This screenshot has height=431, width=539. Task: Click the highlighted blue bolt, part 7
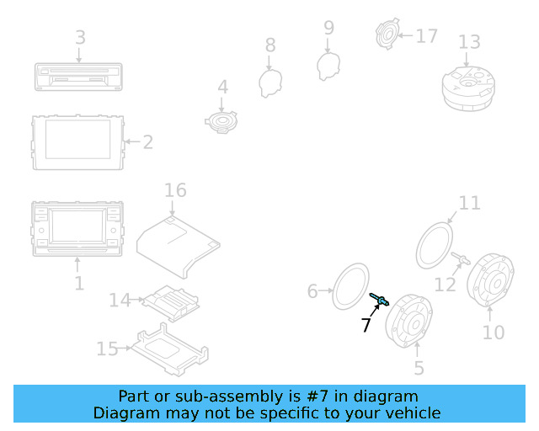[379, 300]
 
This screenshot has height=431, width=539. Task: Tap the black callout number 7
[366, 324]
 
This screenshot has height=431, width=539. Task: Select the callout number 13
[469, 42]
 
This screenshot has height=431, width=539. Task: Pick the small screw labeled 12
[461, 258]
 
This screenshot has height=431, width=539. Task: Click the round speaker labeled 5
[408, 321]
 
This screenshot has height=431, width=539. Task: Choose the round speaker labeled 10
[490, 279]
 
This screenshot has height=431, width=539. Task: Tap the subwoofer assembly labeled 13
[468, 88]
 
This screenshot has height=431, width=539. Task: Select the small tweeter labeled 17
[387, 34]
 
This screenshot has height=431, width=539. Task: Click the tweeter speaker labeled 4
[221, 122]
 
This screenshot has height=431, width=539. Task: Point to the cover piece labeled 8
[270, 83]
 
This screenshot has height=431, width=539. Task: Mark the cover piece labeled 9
[328, 67]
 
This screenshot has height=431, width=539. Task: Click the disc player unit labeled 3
[78, 77]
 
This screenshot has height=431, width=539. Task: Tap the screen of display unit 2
[78, 139]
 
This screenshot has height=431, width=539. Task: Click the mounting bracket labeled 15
[170, 349]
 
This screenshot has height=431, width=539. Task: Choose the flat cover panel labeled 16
[178, 246]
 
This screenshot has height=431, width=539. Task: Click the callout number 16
[175, 190]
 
